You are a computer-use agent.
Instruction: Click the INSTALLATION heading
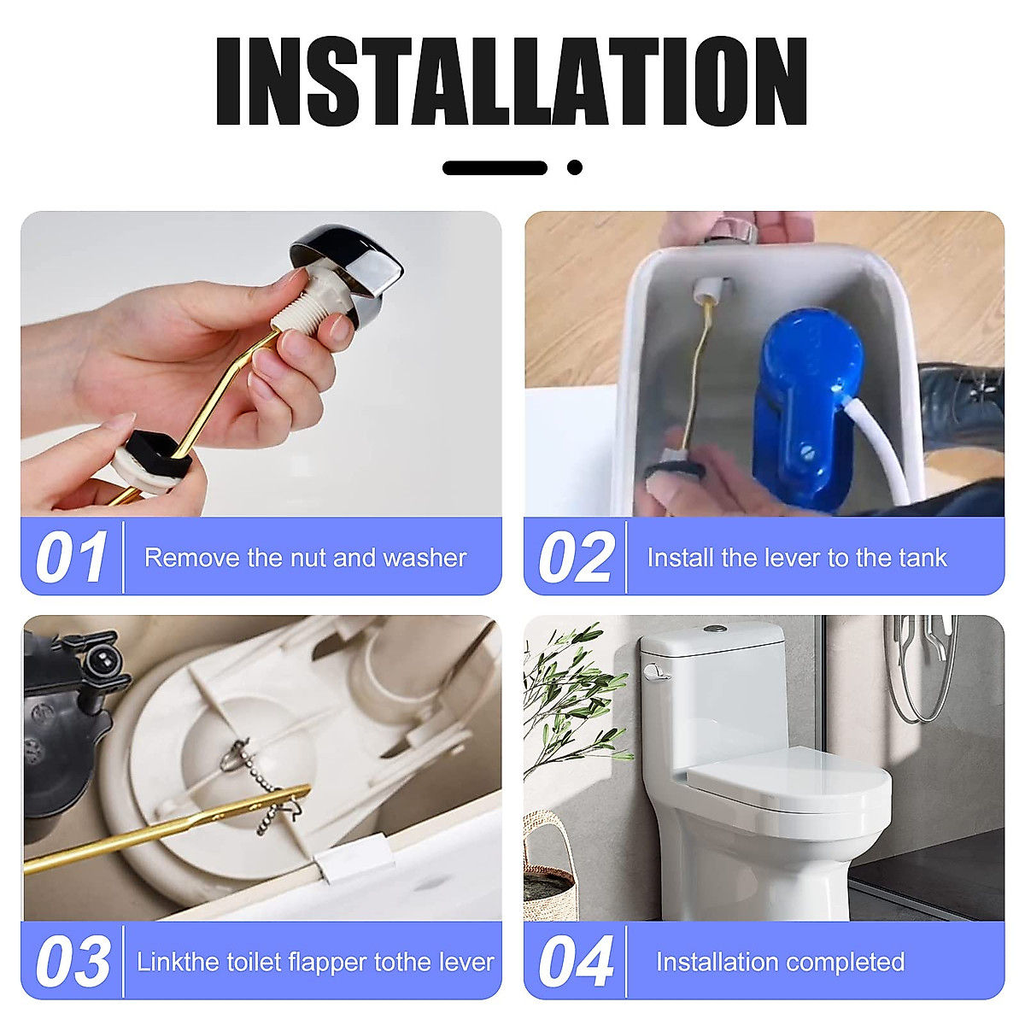511,83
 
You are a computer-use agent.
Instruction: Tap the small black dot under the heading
575,167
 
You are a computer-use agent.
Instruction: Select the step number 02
576,558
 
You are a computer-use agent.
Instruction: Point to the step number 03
73,962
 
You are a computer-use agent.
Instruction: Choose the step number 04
576,962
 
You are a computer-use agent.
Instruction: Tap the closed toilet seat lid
786,773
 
